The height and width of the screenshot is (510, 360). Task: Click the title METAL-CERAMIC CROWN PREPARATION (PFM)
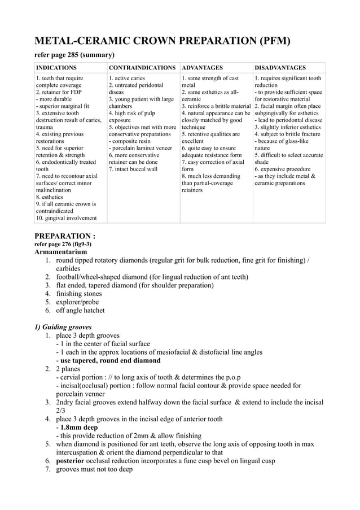(x=163, y=41)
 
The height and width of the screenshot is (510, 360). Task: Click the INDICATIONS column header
(x=56, y=67)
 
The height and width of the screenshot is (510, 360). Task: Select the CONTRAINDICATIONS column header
(x=142, y=67)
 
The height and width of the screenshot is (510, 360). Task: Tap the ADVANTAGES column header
(x=202, y=67)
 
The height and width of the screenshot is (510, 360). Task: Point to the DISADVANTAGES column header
(x=280, y=67)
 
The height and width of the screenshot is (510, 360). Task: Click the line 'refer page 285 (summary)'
(x=75, y=55)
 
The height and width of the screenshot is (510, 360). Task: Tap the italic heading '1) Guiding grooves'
(x=63, y=327)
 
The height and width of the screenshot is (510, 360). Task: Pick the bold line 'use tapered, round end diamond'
(x=110, y=360)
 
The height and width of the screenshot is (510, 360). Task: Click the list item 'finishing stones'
(x=78, y=294)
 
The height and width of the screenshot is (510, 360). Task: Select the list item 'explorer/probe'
(x=77, y=302)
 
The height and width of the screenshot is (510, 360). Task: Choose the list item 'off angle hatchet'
(x=80, y=310)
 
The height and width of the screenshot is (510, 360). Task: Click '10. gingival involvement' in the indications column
(x=66, y=218)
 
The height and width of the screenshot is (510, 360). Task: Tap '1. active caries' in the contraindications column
(x=126, y=78)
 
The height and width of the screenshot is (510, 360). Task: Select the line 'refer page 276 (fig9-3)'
(x=63, y=244)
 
